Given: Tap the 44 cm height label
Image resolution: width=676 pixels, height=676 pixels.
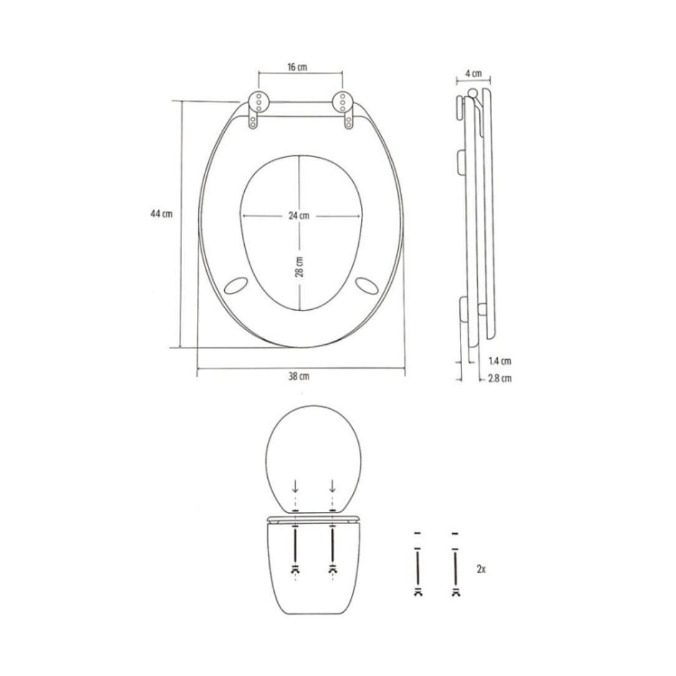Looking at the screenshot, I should (161, 214).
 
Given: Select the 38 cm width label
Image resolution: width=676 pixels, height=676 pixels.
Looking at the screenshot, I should (299, 377).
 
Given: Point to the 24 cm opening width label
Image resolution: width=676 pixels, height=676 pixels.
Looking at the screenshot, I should (299, 216).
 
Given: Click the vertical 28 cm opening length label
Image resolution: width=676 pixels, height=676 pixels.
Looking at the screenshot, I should (299, 267).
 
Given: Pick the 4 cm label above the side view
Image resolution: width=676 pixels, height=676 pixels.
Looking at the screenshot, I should (473, 73).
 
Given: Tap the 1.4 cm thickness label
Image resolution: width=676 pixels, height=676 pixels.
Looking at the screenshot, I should (499, 361).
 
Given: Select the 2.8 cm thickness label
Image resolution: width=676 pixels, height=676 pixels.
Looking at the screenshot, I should (499, 379).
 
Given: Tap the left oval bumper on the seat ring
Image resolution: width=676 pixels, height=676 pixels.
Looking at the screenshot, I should (235, 285).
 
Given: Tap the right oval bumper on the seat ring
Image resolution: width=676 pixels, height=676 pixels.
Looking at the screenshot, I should (366, 285).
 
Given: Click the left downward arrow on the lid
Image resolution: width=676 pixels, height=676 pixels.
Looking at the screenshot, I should (295, 486).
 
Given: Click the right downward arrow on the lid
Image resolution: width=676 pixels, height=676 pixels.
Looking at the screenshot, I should (332, 486).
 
